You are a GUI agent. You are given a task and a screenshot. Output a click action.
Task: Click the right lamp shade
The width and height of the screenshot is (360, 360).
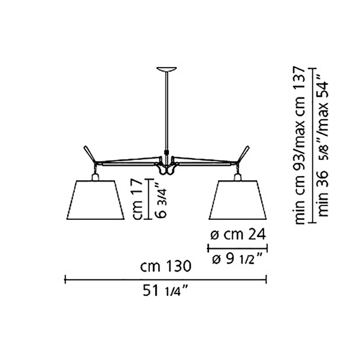pyautogui.click(x=237, y=200)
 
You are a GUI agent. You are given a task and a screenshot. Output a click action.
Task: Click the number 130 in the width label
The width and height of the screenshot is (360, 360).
pyautogui.click(x=174, y=266)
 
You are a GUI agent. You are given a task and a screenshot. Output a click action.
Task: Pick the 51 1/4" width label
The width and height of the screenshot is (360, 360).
pyautogui.click(x=165, y=291)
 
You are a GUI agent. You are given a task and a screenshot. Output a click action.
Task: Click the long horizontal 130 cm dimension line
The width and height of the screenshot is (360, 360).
pyautogui.click(x=165, y=279)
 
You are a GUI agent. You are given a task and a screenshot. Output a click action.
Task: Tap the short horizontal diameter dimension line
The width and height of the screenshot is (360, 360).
pyautogui.click(x=237, y=247)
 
